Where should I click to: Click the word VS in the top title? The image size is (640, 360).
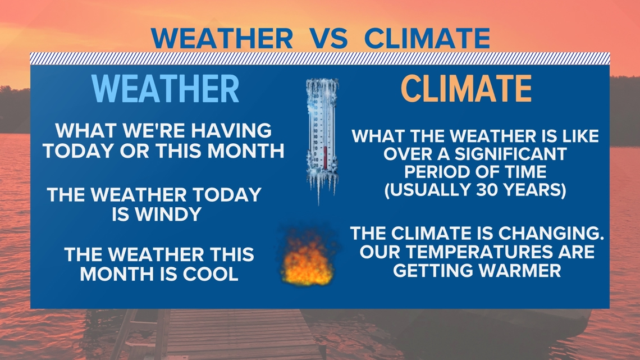[x=328, y=38]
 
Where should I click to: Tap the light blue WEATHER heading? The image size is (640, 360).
[x=165, y=89]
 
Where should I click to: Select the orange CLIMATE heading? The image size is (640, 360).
[x=467, y=89]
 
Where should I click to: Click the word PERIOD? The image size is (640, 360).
[x=436, y=172]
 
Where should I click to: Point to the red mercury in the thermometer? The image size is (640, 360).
[x=325, y=158]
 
